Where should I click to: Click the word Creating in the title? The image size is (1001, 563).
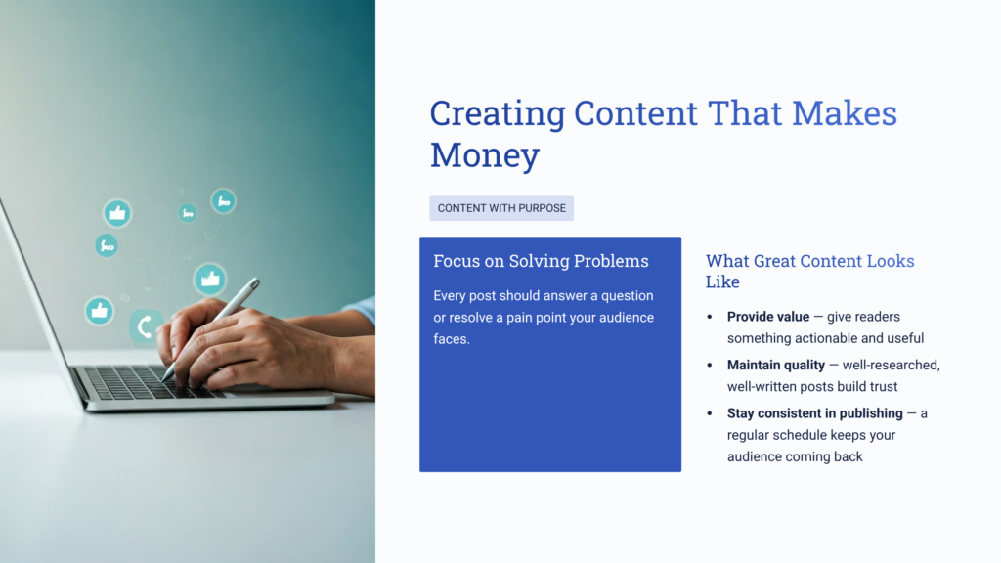click(x=498, y=113)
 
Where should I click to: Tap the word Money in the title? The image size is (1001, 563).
click(x=485, y=155)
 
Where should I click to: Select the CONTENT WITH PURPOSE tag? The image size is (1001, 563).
click(x=501, y=208)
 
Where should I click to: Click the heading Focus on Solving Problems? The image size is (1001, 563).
click(x=541, y=261)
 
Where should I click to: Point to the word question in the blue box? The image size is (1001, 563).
click(x=620, y=295)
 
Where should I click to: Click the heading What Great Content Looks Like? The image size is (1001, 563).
click(x=809, y=271)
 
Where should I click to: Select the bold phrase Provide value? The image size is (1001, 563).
click(x=768, y=317)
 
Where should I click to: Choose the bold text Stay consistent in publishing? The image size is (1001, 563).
click(x=815, y=413)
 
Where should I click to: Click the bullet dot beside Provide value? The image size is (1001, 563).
click(x=710, y=317)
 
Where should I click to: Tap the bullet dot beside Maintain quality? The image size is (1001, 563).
click(x=710, y=365)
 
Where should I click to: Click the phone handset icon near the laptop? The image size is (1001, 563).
click(x=146, y=326)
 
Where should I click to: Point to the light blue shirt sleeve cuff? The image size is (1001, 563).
click(x=363, y=312)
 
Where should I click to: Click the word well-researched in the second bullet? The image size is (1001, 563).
click(x=894, y=365)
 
